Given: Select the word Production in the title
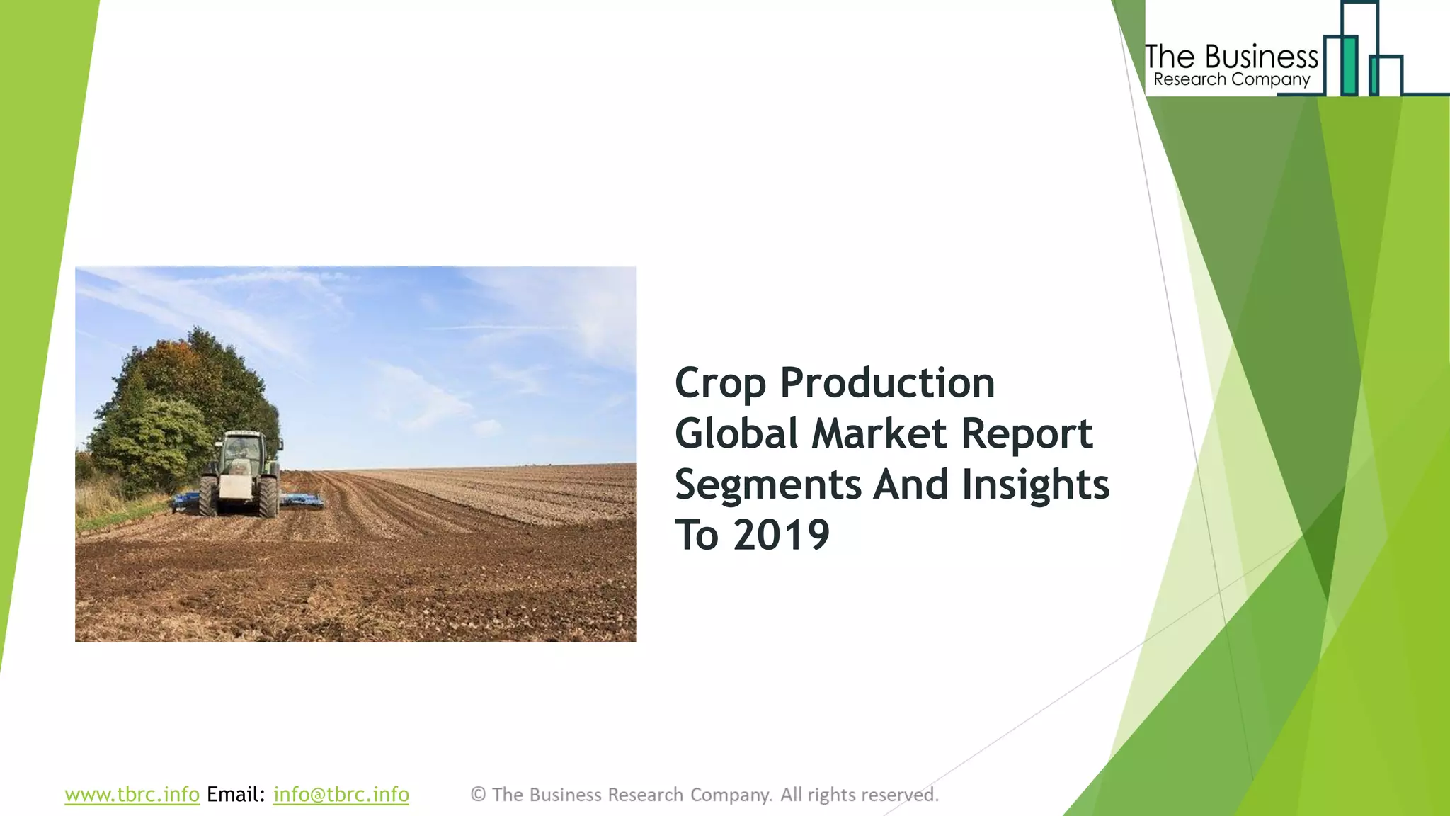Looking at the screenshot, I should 887,383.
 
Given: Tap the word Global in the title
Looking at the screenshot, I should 736,433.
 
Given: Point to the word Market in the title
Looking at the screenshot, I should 879,433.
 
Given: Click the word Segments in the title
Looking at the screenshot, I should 767,485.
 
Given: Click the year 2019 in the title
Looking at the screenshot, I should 781,535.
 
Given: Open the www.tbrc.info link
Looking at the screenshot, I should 132,795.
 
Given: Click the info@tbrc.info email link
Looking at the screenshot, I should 341,795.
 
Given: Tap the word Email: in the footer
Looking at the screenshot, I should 236,795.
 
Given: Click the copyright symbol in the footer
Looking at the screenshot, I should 478,795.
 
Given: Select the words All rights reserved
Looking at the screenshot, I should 859,795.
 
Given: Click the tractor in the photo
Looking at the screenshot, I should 241,472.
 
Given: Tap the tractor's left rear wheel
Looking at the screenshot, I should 207,495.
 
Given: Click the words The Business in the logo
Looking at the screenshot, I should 1231,57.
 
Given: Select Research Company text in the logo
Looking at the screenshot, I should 1231,80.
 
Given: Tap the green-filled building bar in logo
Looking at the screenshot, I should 1349,66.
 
